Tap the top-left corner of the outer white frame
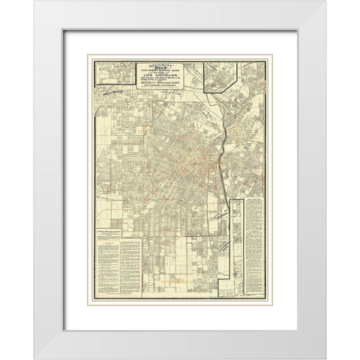35,2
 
